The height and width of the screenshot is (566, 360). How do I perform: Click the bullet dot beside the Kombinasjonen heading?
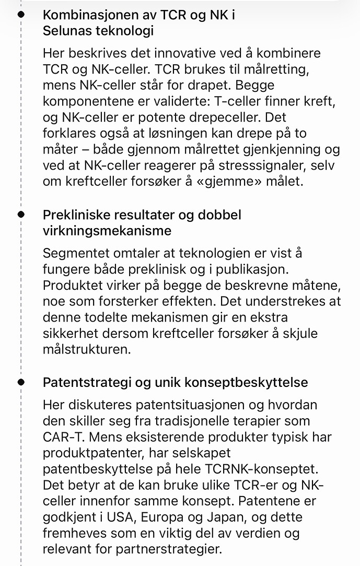(21, 15)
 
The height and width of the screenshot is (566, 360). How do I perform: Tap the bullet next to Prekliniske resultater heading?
(21, 214)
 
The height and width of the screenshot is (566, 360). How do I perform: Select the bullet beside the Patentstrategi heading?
(21, 382)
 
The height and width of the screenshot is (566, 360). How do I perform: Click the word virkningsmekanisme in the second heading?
(107, 230)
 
